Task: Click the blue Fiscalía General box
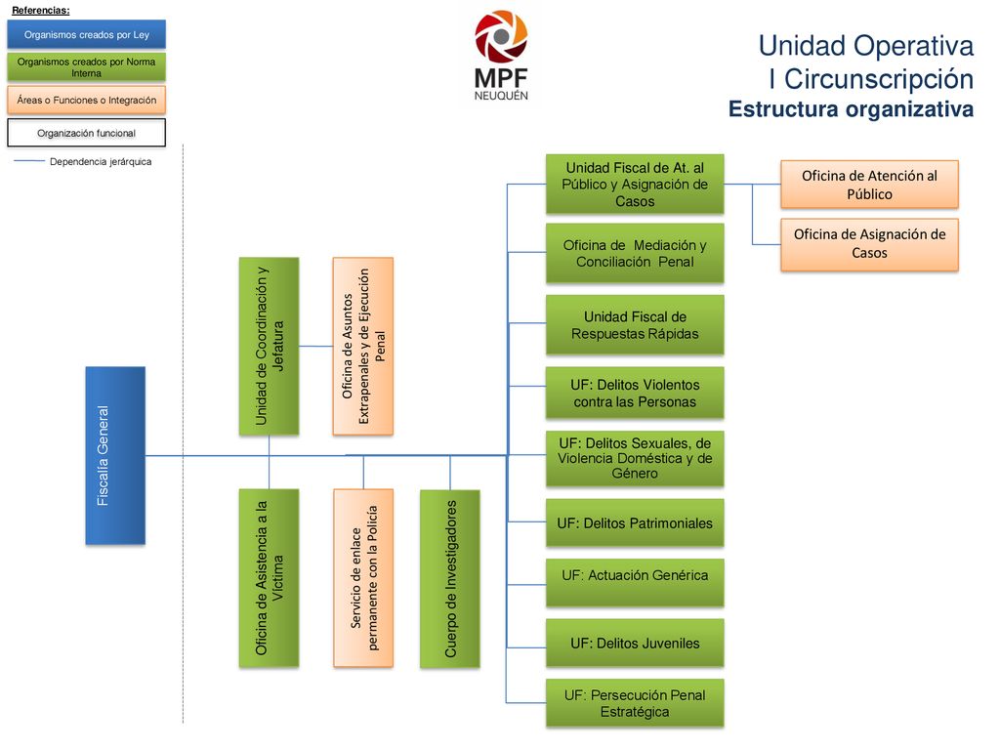[x=115, y=455]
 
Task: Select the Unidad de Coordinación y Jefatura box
[x=269, y=347]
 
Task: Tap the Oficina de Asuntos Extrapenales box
[x=363, y=347]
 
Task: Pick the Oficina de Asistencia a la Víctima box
[x=269, y=578]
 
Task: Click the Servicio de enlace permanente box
[x=363, y=578]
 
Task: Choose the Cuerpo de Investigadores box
[x=449, y=579]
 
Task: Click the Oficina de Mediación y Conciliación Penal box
[x=635, y=253]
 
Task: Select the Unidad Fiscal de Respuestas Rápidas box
[x=635, y=324]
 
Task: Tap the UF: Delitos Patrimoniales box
[x=635, y=523]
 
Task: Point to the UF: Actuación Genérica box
[x=635, y=582]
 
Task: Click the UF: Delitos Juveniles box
[x=635, y=643]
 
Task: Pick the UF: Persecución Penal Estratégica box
[x=635, y=703]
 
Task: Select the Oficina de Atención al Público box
[x=869, y=185]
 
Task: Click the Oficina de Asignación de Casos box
[x=869, y=245]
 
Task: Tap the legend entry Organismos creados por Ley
[x=87, y=34]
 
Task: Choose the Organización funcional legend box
[x=87, y=133]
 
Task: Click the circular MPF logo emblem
[x=501, y=36]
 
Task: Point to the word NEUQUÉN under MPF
[x=501, y=96]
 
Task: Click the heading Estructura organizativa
[x=851, y=109]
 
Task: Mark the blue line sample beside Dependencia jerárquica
[x=29, y=161]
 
